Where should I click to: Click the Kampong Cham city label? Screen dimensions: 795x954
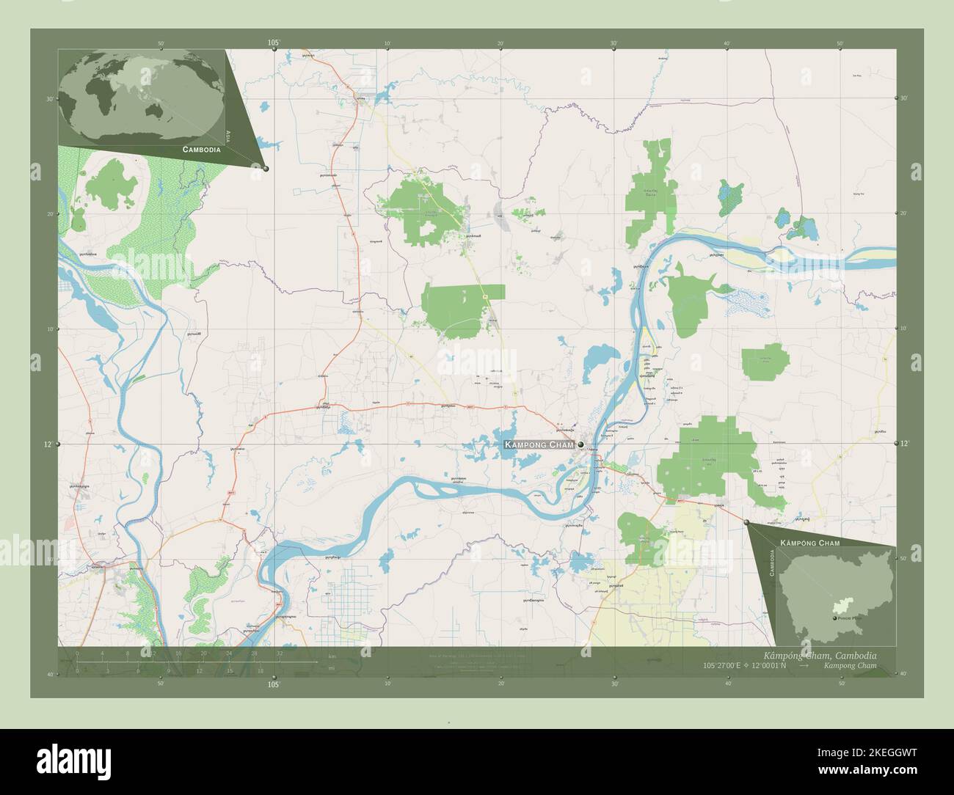click(x=539, y=445)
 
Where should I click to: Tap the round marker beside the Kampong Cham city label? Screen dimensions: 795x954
click(x=580, y=444)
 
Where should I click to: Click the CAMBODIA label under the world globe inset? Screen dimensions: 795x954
click(x=192, y=149)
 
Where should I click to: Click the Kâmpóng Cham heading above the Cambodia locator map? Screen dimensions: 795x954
click(x=809, y=542)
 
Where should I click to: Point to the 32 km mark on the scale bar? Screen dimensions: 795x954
click(x=280, y=653)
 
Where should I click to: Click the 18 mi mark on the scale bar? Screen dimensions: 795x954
click(x=260, y=670)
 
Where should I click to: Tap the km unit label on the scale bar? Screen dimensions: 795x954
click(x=332, y=656)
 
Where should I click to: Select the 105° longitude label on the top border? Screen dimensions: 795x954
click(x=274, y=43)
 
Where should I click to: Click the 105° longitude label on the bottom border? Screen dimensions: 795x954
click(x=274, y=685)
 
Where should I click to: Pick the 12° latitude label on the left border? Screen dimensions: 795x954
click(x=48, y=444)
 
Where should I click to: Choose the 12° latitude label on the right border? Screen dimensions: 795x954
click(x=905, y=444)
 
